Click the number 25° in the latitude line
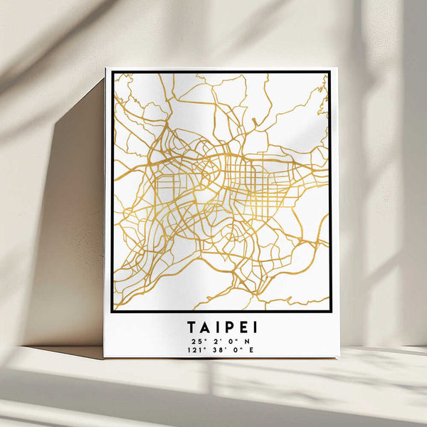point(196,341)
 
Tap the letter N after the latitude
point(246,341)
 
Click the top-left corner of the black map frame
point(112,73)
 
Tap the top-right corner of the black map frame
point(330,73)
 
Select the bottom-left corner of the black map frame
point(112,311)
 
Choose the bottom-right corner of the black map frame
point(330,311)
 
